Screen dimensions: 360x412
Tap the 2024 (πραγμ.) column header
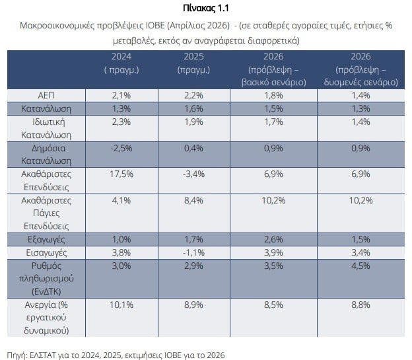pos(121,63)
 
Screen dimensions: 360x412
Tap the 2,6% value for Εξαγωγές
pos(274,238)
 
